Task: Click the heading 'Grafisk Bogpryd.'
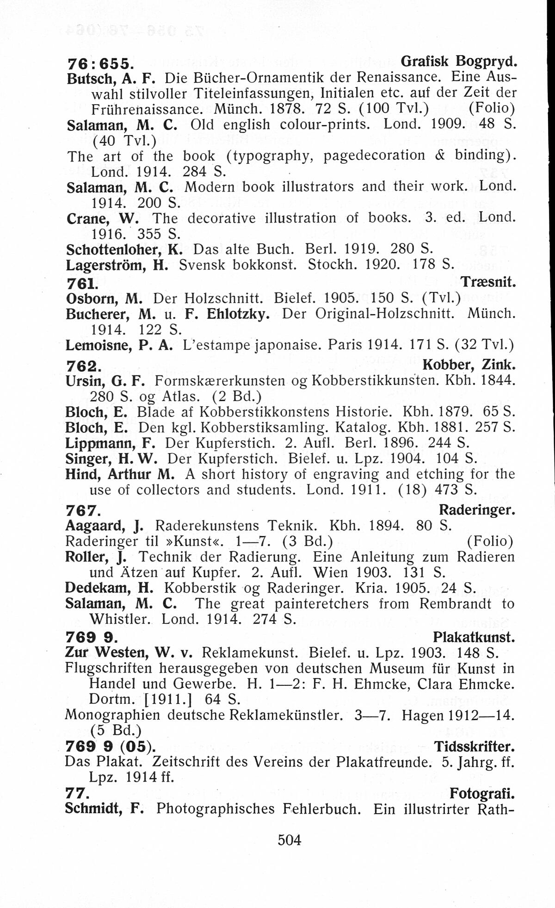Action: click(x=458, y=61)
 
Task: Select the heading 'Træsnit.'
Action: click(x=488, y=281)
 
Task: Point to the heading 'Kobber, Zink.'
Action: click(x=469, y=365)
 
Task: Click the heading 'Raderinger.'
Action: click(x=476, y=510)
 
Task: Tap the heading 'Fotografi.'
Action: click(x=482, y=794)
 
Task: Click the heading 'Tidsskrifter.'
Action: click(x=474, y=746)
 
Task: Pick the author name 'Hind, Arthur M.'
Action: click(x=120, y=474)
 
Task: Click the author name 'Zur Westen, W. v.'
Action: click(x=129, y=653)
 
